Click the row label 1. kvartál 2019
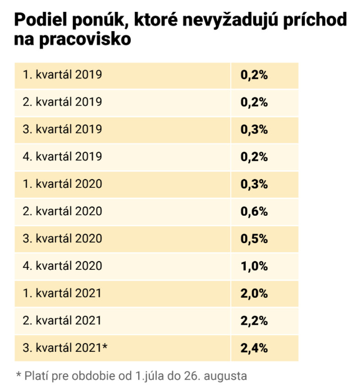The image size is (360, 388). point(62,74)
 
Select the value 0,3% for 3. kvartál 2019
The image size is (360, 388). point(254,129)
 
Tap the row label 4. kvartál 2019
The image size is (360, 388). point(62,157)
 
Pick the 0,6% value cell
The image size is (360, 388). point(254,212)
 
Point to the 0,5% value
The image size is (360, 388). point(254,239)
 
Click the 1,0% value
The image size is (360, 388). point(254,266)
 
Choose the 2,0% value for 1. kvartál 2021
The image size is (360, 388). point(254,294)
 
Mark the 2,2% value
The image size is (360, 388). point(254,321)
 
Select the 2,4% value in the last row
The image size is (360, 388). point(254,348)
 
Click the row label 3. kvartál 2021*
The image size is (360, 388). point(65,348)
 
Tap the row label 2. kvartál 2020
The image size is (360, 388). point(62,212)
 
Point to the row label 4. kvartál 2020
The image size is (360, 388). point(62,266)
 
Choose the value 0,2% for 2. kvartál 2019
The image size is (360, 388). point(254,102)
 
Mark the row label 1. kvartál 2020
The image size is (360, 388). point(62,184)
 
